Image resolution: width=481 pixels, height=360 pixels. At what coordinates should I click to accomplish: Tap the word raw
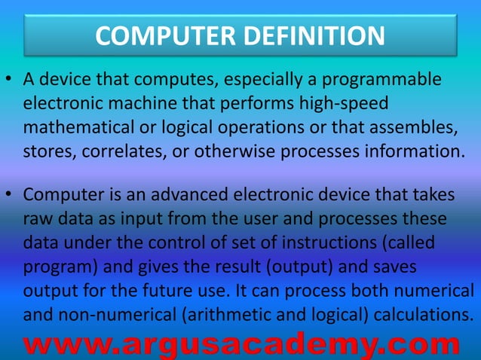point(37,219)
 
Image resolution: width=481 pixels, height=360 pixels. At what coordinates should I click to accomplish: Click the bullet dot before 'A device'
point(11,80)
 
